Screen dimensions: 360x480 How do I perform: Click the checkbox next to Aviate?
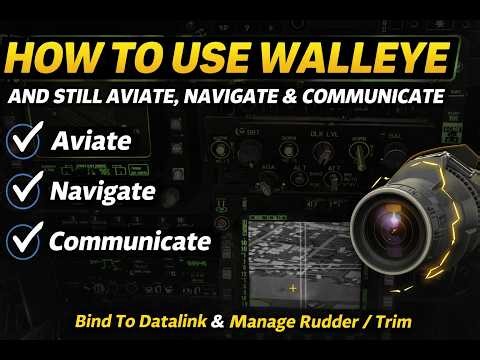coord(25,141)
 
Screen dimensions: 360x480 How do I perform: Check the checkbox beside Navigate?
coord(25,190)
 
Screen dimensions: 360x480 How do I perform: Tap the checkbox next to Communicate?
coord(25,241)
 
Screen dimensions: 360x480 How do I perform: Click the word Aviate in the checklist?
coord(91,140)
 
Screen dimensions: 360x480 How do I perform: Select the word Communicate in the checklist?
coord(130,241)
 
